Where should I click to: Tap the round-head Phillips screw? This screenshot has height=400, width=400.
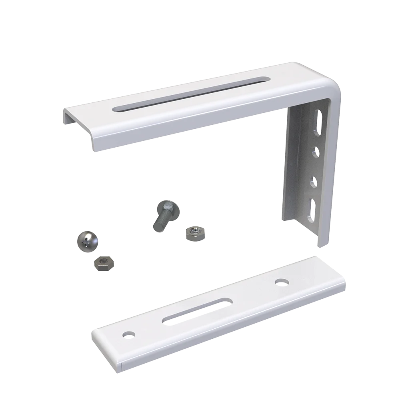87,240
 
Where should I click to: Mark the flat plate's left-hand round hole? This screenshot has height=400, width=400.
128,333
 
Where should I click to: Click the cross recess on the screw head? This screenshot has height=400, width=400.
84,241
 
